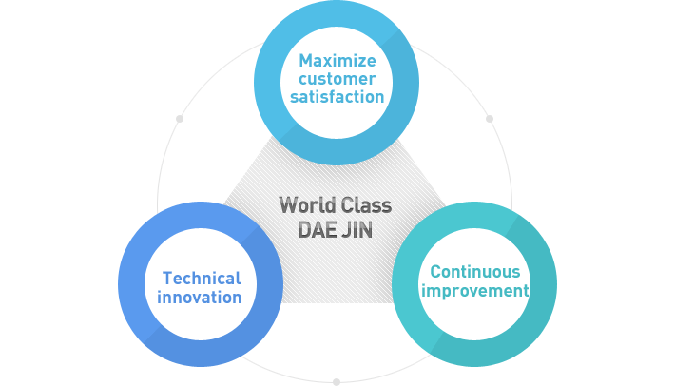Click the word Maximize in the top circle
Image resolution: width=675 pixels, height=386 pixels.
coord(337,61)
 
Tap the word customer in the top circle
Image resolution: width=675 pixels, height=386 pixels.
coord(337,79)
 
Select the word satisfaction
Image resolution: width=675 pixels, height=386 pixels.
coord(337,97)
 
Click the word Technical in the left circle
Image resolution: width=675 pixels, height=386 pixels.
coord(202,279)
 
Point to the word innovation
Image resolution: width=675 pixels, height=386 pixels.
coord(200,298)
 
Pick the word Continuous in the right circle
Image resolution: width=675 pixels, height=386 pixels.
coord(474,272)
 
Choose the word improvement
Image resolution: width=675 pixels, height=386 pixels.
coord(474,291)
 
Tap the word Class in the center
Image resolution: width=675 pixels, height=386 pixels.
coord(365,205)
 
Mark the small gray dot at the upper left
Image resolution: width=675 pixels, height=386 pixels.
coord(179,119)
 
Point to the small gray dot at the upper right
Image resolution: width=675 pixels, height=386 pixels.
coord(490,119)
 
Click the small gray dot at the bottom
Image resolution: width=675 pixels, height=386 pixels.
coord(336,382)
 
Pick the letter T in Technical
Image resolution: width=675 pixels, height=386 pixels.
coord(167,279)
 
